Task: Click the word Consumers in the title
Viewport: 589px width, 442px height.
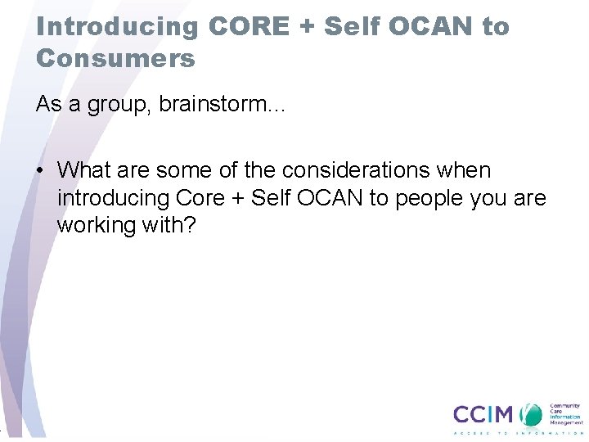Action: (115, 58)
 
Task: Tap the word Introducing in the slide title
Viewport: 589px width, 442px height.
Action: (118, 26)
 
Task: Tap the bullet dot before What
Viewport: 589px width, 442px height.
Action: (40, 171)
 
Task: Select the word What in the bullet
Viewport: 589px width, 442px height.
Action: (85, 170)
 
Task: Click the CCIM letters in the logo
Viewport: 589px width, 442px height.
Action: (484, 414)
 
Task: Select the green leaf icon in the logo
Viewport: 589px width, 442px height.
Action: (533, 414)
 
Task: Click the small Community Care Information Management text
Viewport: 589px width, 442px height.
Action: (564, 413)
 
